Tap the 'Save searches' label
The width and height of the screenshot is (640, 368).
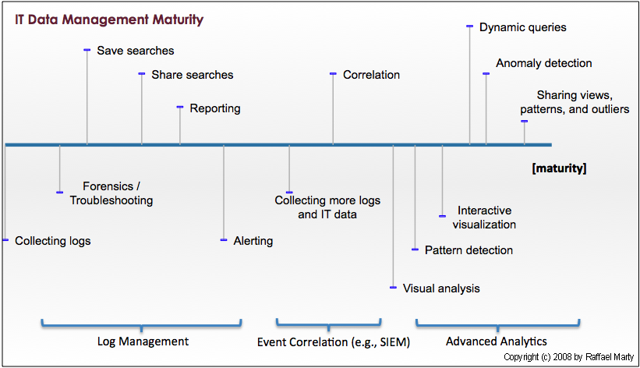136,51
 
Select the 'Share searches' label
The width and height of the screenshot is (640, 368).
192,75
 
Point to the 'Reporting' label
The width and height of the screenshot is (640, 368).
215,108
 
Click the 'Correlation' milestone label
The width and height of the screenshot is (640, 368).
371,75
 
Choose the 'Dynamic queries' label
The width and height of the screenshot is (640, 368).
522,27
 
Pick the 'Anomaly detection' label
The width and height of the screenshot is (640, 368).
543,63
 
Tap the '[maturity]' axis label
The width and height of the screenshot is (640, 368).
558,168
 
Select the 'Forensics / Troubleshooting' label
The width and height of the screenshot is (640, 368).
111,193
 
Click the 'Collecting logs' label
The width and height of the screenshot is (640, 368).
53,241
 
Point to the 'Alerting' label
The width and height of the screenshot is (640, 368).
253,241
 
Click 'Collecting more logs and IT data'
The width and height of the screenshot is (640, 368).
327,207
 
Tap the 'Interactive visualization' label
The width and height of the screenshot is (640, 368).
484,218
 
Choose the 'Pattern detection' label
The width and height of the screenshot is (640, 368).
469,250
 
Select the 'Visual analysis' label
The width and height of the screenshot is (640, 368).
441,288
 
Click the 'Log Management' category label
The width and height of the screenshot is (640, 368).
143,341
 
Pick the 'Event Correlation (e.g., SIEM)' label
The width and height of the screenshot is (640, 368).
334,341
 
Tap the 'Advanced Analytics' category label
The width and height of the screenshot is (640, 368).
496,341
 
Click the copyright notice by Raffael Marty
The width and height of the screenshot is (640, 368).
568,357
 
